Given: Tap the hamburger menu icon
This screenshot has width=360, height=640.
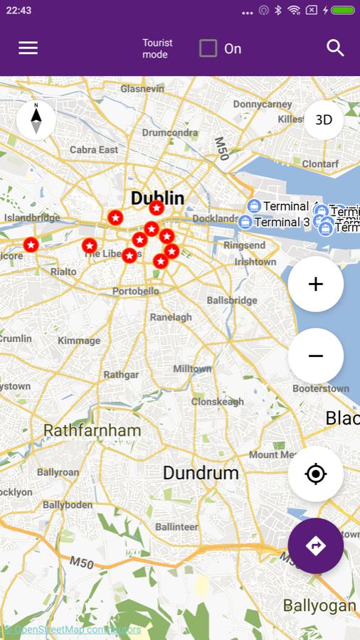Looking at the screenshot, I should [28, 48].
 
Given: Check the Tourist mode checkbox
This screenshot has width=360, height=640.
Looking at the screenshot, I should [208, 48].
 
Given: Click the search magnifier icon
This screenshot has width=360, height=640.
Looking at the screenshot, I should [335, 48].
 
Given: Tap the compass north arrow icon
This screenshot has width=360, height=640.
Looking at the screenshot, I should [36, 119].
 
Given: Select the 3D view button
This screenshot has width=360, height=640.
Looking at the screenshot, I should [324, 119].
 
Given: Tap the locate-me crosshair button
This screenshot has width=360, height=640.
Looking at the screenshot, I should [316, 474].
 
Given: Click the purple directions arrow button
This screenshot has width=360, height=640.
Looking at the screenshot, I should [316, 545].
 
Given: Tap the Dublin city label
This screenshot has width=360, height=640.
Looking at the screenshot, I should [157, 198].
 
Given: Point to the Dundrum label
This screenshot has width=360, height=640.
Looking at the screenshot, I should [201, 472].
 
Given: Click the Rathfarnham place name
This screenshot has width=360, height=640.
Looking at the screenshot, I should [92, 430].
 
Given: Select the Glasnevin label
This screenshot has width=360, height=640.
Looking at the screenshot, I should [142, 89].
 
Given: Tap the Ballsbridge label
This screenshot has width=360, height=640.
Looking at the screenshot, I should [232, 300].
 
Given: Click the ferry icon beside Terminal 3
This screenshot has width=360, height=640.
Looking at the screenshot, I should [245, 222].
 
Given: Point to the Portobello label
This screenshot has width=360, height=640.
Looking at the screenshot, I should [136, 291].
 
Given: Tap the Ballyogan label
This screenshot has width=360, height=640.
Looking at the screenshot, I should [319, 605].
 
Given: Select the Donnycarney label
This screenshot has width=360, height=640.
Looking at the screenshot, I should [263, 104].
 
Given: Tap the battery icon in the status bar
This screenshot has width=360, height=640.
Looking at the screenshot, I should [342, 11].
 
